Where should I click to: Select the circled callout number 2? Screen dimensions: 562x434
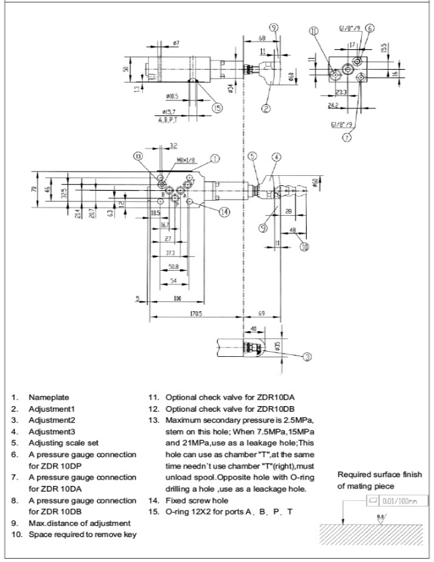click(266, 108)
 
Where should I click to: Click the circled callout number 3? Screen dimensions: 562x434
click(307, 356)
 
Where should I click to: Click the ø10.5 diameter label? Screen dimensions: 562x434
click(173, 97)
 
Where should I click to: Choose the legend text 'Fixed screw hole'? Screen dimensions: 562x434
click(195, 501)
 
